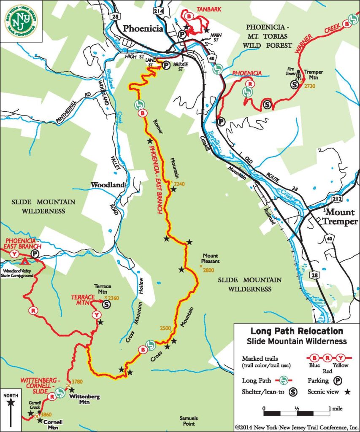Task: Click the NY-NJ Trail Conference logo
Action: pyautogui.click(x=21, y=21)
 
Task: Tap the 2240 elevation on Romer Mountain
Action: pyautogui.click(x=179, y=184)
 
